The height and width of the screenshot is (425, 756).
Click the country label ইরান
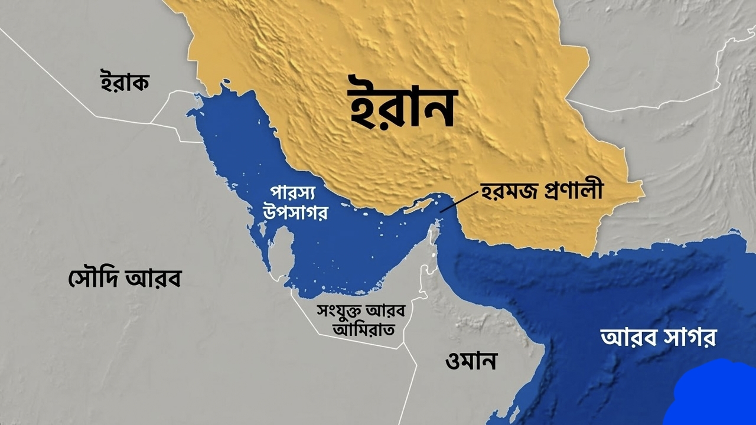(x=402, y=108)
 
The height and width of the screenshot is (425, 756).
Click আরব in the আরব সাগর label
(x=625, y=338)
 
